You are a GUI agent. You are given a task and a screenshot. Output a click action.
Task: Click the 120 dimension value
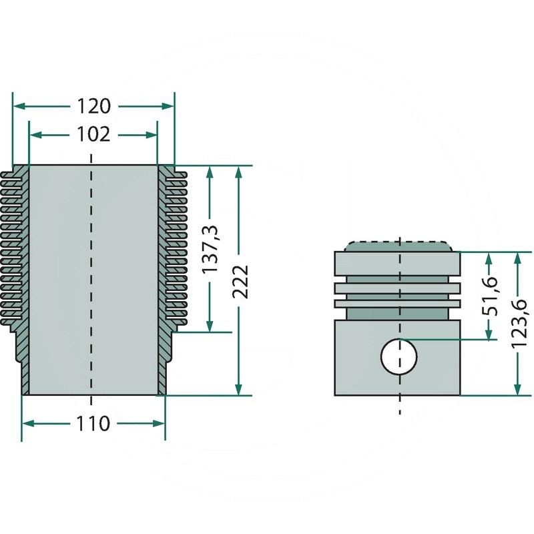click(93, 106)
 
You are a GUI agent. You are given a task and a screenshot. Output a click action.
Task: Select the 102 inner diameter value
click(93, 134)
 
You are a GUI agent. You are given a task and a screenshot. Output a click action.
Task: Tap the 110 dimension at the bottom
click(93, 423)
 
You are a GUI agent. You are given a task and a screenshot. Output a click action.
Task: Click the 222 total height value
click(240, 281)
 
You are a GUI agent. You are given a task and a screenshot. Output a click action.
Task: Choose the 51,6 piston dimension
click(491, 295)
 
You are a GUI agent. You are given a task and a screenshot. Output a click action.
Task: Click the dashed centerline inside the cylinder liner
click(92, 280)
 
